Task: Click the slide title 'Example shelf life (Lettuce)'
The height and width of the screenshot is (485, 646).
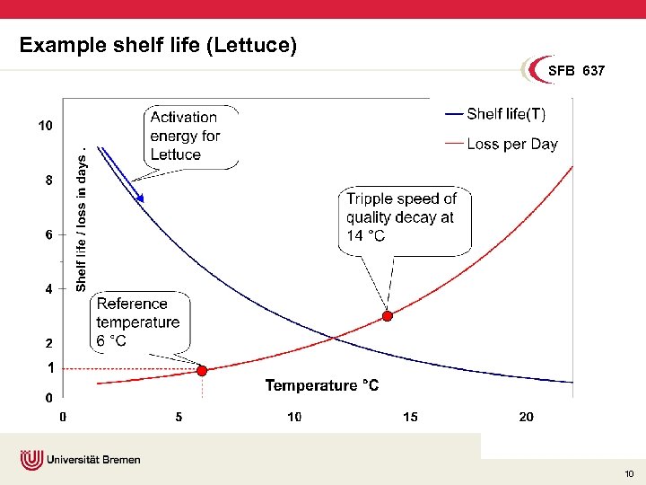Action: (158, 45)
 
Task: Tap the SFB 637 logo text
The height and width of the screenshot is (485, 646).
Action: (577, 70)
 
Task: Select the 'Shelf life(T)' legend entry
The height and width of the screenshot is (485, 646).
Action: (505, 114)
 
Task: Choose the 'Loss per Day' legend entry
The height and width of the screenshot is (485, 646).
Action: (511, 144)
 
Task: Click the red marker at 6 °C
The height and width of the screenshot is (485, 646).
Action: (202, 370)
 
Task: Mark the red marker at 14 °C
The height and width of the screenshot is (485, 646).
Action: (388, 316)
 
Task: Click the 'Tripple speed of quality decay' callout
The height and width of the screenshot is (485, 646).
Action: (405, 218)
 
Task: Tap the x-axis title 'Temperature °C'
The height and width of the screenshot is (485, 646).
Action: (321, 385)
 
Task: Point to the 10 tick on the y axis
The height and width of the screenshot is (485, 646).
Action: (45, 126)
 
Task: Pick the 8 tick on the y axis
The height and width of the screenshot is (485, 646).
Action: (48, 180)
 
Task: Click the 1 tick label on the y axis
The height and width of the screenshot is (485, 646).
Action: (49, 368)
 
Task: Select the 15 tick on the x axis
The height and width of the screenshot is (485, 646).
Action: (410, 417)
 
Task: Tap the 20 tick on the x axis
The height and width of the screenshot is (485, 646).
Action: (526, 417)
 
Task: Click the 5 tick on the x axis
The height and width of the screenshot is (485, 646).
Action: (179, 417)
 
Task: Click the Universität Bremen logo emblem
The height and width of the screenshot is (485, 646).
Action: (32, 460)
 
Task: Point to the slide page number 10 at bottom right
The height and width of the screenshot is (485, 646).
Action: (629, 473)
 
